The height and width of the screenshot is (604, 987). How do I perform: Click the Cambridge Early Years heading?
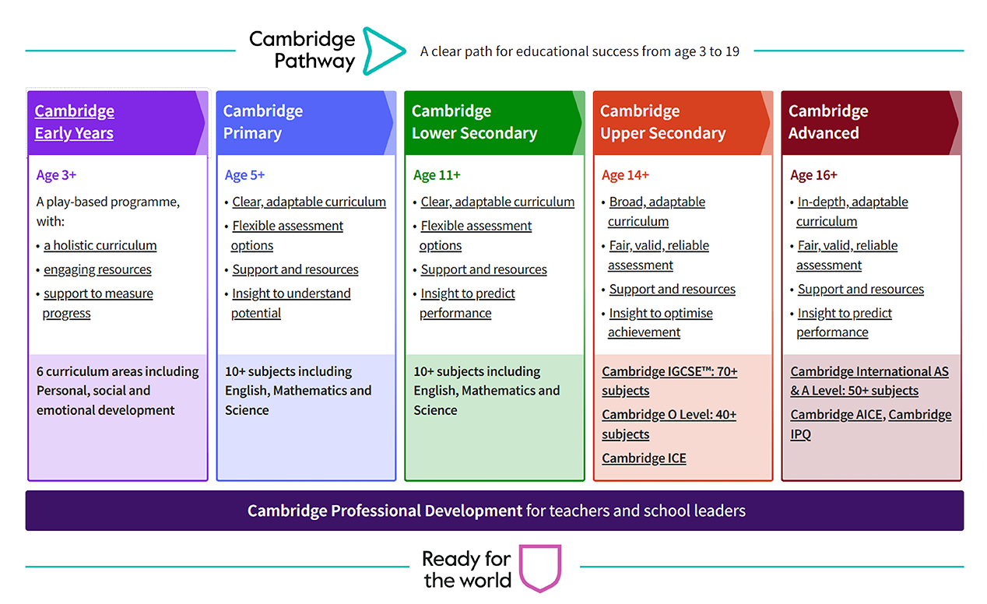(75, 122)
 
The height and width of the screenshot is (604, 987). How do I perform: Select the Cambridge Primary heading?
(262, 122)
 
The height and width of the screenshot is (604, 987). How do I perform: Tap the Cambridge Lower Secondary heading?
(474, 122)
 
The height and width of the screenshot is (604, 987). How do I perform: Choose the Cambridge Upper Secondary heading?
(662, 122)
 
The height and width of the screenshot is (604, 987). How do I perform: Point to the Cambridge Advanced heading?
(827, 122)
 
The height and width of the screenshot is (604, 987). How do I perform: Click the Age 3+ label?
(56, 175)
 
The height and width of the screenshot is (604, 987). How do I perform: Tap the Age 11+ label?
(437, 175)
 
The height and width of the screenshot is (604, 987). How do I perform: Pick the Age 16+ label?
(813, 175)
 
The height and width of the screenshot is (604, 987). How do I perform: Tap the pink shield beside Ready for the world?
(539, 569)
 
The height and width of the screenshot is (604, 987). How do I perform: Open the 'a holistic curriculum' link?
(100, 246)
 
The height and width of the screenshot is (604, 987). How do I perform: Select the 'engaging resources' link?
(97, 270)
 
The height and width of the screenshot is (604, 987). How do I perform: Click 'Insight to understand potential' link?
(290, 303)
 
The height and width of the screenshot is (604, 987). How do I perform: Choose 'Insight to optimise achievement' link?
(660, 322)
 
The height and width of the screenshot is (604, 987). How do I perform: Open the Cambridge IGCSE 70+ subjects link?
(669, 381)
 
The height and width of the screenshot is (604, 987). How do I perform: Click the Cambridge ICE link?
(644, 458)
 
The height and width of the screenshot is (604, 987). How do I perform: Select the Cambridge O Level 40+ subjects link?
(669, 424)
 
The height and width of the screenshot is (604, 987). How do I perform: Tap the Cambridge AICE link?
(836, 415)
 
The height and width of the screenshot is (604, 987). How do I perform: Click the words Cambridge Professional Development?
(385, 511)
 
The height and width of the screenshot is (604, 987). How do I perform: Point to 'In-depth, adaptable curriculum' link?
(852, 211)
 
